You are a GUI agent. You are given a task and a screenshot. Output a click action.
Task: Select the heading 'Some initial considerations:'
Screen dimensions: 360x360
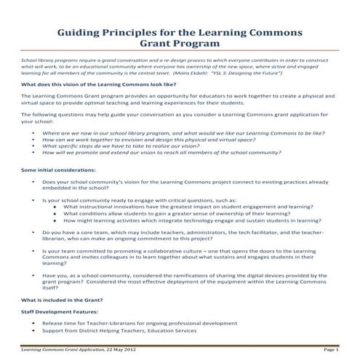(x=55, y=169)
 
